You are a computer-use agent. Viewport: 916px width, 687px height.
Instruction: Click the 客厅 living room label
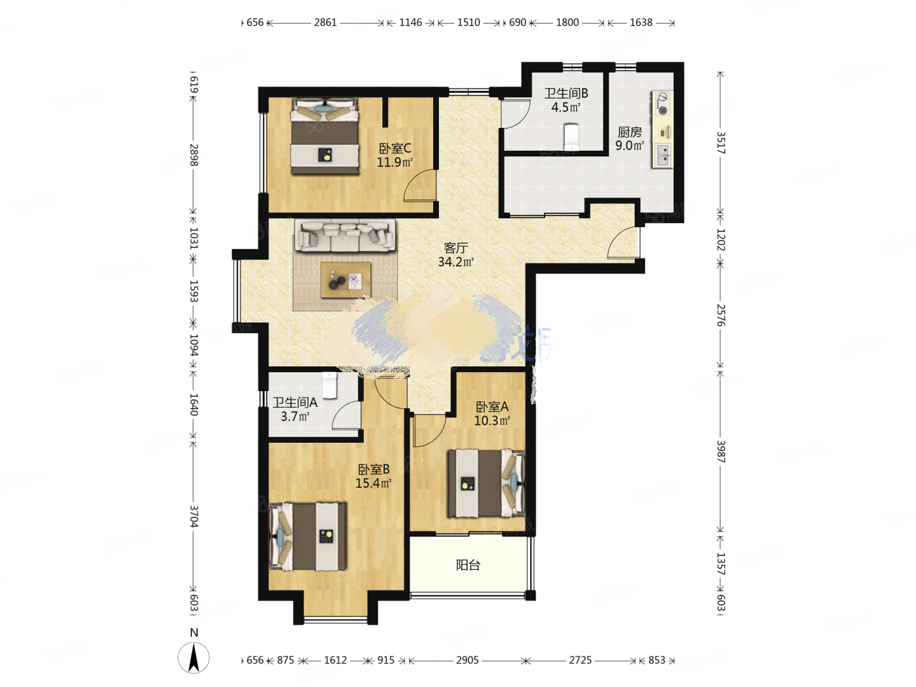pyautogui.click(x=455, y=247)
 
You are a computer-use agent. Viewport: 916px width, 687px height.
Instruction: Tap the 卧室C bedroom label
pyautogui.click(x=394, y=148)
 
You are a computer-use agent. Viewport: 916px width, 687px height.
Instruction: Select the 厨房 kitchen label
pyautogui.click(x=629, y=132)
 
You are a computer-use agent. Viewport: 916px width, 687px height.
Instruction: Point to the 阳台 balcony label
pyautogui.click(x=468, y=565)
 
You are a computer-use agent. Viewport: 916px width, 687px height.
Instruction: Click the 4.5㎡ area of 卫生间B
pyautogui.click(x=566, y=108)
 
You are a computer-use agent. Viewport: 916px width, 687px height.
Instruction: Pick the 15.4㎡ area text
pyautogui.click(x=373, y=483)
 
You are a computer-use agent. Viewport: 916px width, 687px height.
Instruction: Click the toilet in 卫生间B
pyautogui.click(x=571, y=135)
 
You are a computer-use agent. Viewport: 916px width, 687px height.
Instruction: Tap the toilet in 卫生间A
pyautogui.click(x=329, y=384)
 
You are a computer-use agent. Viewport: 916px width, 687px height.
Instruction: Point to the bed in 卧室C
pyautogui.click(x=324, y=136)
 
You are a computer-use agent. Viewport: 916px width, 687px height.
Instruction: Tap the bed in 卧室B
pyautogui.click(x=308, y=536)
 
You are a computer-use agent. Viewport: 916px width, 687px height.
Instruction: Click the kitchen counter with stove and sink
pyautogui.click(x=662, y=130)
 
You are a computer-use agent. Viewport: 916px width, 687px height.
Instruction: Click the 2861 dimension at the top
pyautogui.click(x=325, y=22)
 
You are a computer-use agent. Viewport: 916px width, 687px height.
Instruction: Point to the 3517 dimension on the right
pyautogui.click(x=720, y=143)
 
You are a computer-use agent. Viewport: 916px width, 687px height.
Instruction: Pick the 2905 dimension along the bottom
pyautogui.click(x=467, y=660)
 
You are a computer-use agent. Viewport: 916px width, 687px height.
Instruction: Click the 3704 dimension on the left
pyautogui.click(x=194, y=517)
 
